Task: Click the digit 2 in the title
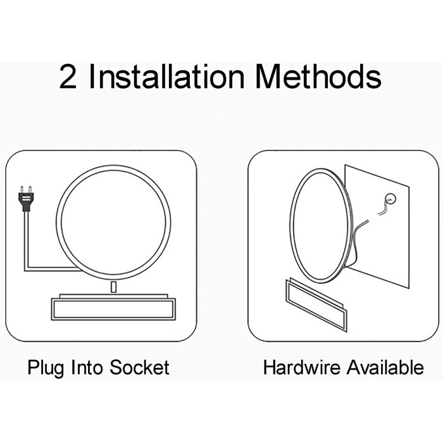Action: (68, 77)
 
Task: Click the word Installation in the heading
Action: (166, 77)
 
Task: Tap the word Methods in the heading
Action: (318, 77)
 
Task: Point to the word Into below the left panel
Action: (87, 367)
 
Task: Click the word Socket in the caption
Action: (139, 367)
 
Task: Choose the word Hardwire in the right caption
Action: (301, 367)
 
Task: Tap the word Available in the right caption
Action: (385, 367)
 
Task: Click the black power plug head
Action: (26, 201)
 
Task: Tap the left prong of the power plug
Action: (22, 189)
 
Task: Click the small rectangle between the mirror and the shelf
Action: (113, 287)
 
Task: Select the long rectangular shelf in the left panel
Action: (113, 309)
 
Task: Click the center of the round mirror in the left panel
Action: (113, 222)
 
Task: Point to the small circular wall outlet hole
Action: (390, 199)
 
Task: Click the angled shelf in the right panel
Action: (316, 305)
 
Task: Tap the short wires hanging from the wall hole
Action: (384, 208)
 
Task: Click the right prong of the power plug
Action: (30, 189)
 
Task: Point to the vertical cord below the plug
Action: (27, 240)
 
